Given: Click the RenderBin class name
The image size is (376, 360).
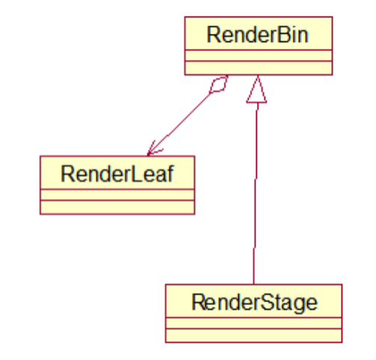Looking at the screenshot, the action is coord(258,34).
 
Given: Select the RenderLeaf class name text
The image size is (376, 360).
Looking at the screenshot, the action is coord(117,174).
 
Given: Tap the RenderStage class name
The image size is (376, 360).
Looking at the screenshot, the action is coord(255,303).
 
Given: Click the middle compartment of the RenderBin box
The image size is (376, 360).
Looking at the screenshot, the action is coord(258,55).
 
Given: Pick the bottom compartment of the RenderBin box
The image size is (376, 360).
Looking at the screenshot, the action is coord(258,67).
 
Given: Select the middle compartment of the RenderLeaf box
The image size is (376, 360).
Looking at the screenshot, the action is coord(117,195).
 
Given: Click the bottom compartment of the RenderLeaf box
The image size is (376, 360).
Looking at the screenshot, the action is coord(117,207).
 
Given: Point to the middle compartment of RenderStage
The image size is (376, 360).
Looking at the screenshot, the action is coord(254,323).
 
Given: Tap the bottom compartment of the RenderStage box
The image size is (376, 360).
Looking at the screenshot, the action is coord(254,335).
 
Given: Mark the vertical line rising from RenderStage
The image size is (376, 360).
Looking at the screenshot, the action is coord(255,193).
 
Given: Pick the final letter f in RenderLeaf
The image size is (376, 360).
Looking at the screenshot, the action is coord(170,173).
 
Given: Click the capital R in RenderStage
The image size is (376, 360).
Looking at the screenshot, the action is coord(198,302).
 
